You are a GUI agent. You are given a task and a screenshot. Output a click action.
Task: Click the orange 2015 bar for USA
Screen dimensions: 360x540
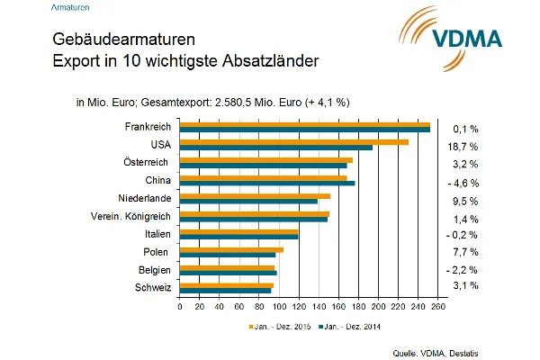(x=293, y=141)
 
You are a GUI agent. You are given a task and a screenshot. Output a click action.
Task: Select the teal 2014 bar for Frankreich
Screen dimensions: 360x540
(x=304, y=130)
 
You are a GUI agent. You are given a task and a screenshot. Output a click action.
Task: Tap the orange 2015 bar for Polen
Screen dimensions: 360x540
(x=231, y=249)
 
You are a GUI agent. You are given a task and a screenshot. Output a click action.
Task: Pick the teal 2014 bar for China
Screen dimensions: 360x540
(x=267, y=183)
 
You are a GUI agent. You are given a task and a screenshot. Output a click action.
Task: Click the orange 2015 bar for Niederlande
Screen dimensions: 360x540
(x=255, y=195)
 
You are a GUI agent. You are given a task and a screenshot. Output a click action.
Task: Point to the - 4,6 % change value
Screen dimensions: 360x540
(x=463, y=183)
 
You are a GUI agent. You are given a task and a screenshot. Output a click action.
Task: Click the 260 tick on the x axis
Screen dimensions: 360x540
(x=438, y=307)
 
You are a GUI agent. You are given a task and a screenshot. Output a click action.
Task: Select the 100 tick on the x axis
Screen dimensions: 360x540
(x=279, y=307)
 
